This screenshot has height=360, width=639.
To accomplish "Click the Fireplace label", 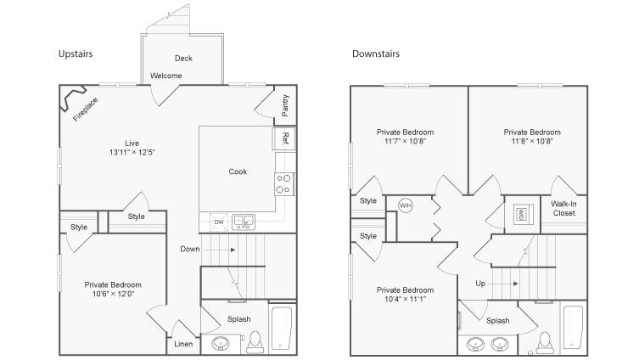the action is [x=86, y=110].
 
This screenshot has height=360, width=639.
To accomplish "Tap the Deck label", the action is [x=183, y=59].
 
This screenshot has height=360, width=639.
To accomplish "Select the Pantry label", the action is [x=285, y=105].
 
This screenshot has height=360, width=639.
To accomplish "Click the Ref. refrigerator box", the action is [x=283, y=139].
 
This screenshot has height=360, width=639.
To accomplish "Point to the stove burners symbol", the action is [x=284, y=184].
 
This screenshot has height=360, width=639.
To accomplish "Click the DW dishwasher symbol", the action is [x=219, y=222].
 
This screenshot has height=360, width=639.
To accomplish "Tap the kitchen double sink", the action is [x=244, y=222].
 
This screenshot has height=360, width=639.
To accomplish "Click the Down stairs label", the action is [x=190, y=249].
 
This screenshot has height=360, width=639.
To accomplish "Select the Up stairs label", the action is [x=480, y=284].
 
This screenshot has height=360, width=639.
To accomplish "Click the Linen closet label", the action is [x=183, y=344].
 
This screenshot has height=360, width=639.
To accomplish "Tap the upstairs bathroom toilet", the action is [x=255, y=342].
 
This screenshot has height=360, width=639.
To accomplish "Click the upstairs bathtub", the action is [x=281, y=328].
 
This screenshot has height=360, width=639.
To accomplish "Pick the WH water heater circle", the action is [x=405, y=205].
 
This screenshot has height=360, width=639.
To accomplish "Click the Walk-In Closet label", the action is [x=563, y=208].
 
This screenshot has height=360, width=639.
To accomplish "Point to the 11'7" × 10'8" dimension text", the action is [x=405, y=142].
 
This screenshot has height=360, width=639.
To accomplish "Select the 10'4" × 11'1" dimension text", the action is [x=405, y=299].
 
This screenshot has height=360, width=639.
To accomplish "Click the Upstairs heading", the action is [x=76, y=53].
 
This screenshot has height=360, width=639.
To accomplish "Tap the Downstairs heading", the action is [x=376, y=53].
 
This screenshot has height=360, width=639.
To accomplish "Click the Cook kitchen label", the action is [x=238, y=172].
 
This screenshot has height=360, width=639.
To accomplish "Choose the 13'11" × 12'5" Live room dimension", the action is [x=132, y=153].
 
